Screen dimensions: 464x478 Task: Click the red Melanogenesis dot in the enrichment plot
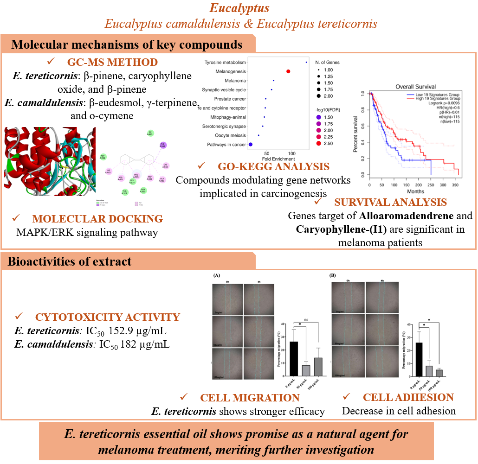coord(288,71)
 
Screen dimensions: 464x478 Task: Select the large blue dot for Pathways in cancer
coord(251,144)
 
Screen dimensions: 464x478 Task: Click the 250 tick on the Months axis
coord(431,185)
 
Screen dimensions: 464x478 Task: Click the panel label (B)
coord(332,275)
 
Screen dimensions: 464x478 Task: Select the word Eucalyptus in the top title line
coord(239,8)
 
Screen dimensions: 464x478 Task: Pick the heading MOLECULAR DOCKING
coord(97,219)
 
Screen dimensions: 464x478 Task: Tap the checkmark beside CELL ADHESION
coord(346,397)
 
